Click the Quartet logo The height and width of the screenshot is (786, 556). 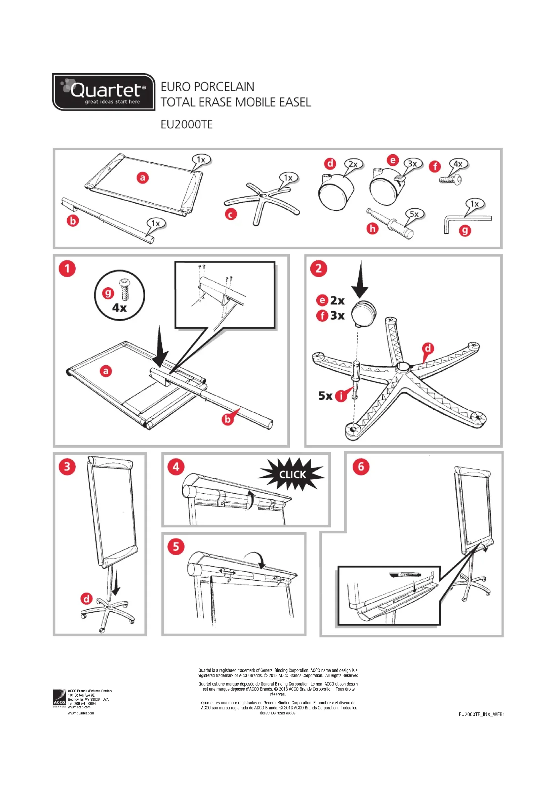104,92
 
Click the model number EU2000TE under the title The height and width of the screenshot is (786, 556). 187,124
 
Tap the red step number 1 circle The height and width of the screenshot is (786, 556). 67,268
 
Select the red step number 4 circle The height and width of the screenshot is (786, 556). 175,467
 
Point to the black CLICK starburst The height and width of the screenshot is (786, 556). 292,474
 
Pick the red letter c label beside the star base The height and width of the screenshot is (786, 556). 231,214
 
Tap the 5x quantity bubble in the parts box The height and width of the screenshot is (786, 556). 414,214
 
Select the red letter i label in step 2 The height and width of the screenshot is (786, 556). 341,396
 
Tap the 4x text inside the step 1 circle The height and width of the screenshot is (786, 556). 119,308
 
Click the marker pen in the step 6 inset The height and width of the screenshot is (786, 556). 405,574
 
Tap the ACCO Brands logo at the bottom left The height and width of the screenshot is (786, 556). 59,698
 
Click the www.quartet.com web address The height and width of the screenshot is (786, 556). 81,713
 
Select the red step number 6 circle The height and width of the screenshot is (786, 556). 361,467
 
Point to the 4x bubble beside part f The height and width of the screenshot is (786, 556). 458,164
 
